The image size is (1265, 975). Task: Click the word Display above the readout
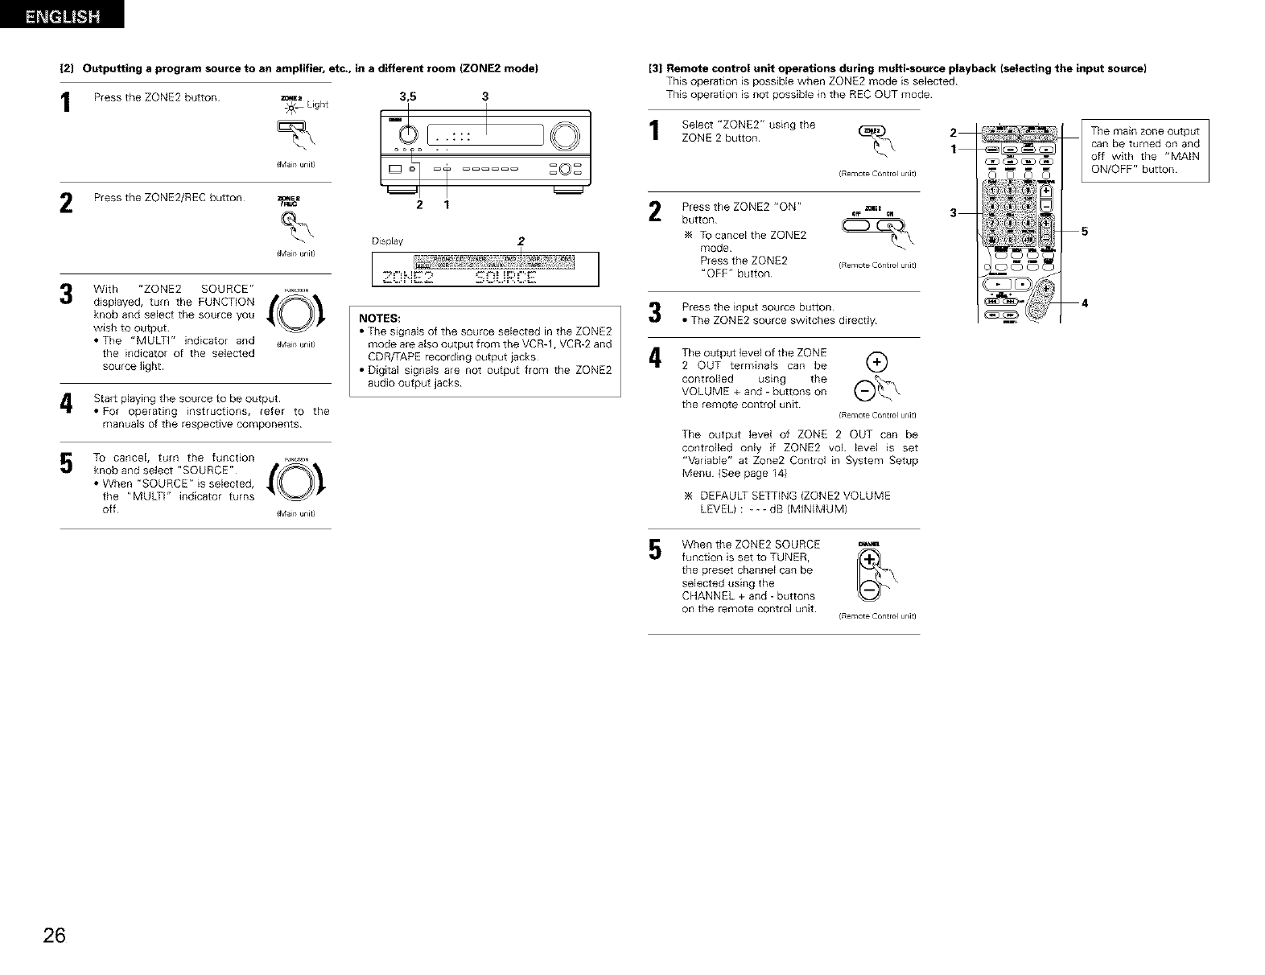click(387, 241)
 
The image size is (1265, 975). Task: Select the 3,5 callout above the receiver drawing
click(407, 97)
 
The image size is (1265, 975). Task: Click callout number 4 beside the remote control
click(1084, 303)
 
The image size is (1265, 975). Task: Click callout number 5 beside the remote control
click(1084, 232)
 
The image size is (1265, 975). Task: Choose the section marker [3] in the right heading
click(656, 68)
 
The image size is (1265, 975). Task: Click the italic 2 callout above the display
click(521, 241)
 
